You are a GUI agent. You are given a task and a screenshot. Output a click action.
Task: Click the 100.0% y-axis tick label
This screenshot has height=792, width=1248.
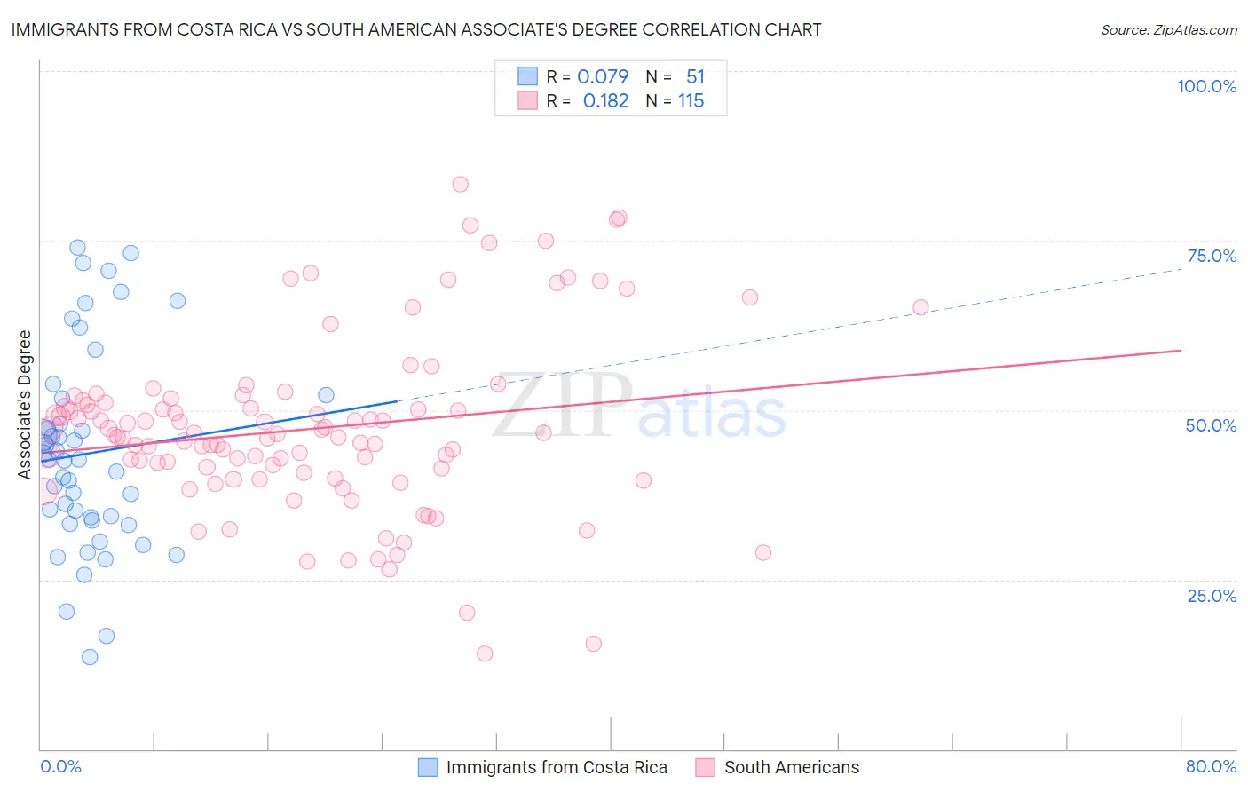tap(1206, 86)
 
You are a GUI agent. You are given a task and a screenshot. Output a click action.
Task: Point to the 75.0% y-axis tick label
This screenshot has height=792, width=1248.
tap(1212, 256)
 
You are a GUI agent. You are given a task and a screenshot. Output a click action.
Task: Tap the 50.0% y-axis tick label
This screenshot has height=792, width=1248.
tap(1211, 425)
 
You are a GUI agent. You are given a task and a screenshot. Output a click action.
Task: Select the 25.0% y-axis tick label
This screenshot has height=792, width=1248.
tap(1212, 595)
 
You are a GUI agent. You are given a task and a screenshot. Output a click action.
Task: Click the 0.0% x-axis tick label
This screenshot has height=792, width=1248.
tap(60, 766)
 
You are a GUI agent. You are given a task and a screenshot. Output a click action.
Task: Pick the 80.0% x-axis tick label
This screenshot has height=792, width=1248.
tap(1211, 766)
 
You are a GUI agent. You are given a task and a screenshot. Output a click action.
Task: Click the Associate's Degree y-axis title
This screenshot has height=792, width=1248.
tap(25, 405)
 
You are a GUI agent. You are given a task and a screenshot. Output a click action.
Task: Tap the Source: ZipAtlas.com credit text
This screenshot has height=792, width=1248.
tap(1168, 29)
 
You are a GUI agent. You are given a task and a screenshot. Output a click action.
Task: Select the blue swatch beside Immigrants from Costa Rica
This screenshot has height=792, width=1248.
tap(428, 767)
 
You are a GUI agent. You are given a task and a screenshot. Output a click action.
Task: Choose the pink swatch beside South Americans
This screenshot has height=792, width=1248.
tap(706, 767)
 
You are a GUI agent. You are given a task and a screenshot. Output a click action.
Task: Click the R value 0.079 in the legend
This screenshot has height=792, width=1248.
tap(603, 76)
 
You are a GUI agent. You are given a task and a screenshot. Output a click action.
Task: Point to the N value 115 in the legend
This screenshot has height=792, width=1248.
tap(691, 101)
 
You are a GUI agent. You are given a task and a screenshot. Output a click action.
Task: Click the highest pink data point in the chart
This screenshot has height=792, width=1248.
tap(460, 185)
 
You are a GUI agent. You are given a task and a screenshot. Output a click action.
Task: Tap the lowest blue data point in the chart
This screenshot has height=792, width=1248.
tap(90, 657)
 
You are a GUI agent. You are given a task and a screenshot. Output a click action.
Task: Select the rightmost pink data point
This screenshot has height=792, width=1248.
tap(920, 307)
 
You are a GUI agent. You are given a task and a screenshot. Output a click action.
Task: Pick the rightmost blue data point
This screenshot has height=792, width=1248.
tap(326, 395)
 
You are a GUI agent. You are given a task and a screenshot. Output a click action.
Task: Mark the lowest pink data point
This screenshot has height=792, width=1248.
tap(485, 653)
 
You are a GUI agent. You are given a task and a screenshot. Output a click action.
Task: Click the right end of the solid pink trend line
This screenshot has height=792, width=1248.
tap(1181, 351)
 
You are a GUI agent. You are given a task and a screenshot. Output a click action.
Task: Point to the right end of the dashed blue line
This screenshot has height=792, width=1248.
tap(1181, 267)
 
